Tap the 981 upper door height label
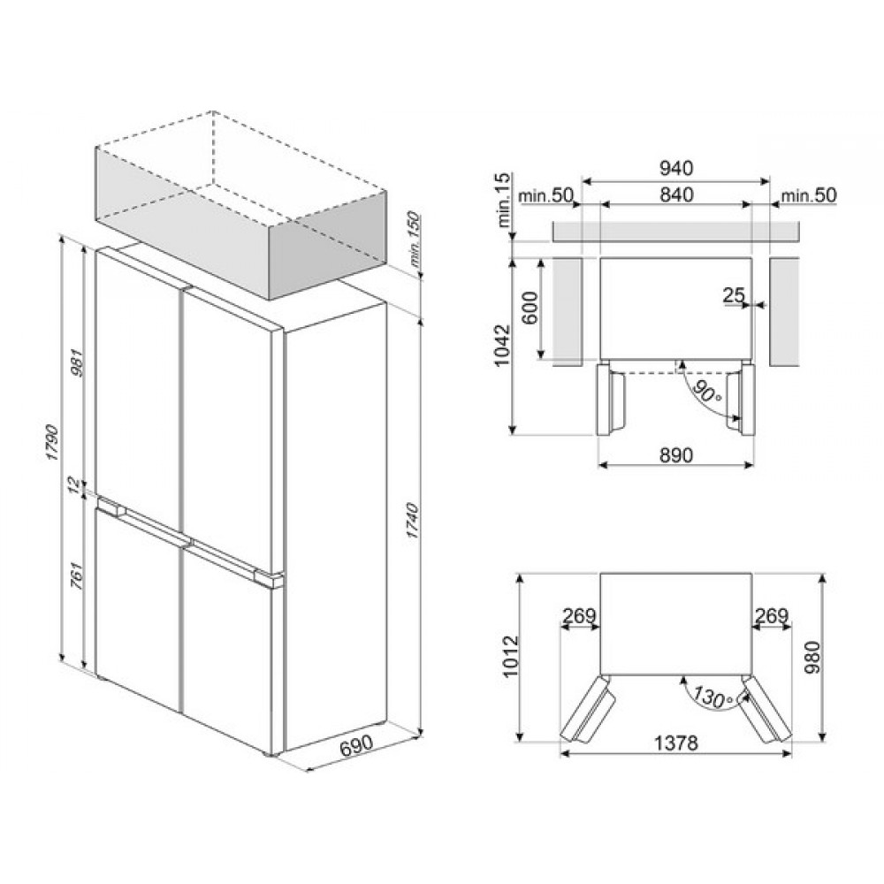point(77,363)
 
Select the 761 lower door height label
point(77,576)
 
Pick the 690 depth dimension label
point(357,744)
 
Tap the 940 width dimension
point(675,168)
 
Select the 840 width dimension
point(675,195)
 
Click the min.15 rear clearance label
point(504,200)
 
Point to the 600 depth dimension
point(530,309)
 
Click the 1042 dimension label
point(502,346)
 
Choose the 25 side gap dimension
point(734,294)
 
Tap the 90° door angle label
point(707,391)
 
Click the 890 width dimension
point(675,453)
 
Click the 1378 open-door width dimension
point(676,743)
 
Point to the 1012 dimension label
point(510,656)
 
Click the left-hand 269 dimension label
point(579,615)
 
